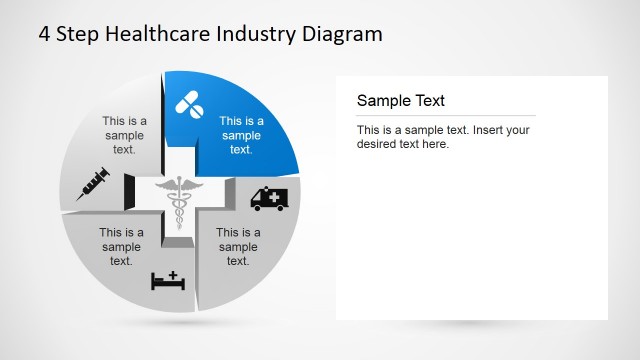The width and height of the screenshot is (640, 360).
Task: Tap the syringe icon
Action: click(92, 184)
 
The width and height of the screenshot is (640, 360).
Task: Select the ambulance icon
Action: click(273, 197)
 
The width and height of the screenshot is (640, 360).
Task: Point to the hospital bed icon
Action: click(169, 280)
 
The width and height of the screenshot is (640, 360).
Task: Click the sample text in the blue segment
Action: click(241, 135)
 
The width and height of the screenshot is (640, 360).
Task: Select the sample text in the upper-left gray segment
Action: click(124, 135)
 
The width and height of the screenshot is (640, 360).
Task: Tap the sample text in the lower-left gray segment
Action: click(121, 247)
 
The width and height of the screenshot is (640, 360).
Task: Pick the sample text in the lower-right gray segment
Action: click(238, 247)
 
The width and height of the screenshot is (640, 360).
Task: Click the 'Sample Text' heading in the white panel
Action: click(401, 100)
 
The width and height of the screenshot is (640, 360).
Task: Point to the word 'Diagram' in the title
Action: click(343, 34)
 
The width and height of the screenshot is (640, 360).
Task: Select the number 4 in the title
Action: click(45, 34)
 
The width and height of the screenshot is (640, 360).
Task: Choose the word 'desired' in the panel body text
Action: click(379, 144)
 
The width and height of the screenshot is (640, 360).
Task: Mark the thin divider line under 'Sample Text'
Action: click(446, 116)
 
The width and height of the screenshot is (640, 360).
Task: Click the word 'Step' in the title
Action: click(75, 34)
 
